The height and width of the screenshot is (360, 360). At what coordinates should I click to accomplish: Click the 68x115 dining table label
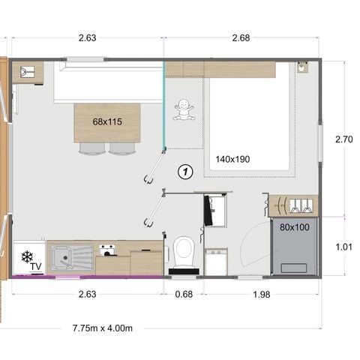point(108,121)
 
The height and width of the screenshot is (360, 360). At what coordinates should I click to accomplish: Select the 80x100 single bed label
point(294,226)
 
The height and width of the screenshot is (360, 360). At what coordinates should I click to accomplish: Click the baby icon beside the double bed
point(184,111)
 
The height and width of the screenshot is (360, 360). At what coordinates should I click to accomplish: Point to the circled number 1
point(185,172)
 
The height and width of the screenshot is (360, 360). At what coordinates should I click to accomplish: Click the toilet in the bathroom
point(184,253)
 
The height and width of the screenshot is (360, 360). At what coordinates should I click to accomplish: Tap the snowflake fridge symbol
point(28,257)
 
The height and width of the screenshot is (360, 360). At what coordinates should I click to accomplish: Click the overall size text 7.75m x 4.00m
point(103,328)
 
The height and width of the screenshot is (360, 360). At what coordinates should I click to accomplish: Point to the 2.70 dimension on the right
point(343,139)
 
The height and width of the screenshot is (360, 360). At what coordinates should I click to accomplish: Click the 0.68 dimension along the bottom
point(184,294)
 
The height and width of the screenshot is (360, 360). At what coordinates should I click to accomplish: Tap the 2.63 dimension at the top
point(86,37)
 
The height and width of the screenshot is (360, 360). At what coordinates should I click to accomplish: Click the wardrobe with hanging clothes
point(294,205)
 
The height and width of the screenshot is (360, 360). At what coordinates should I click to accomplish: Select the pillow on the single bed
point(294,266)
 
